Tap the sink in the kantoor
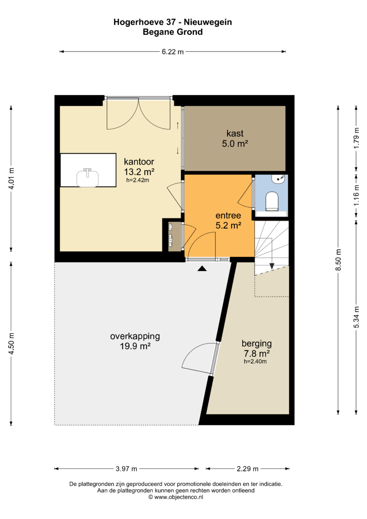pos(87,177)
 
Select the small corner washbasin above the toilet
pos(278,179)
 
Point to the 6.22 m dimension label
pos(173,52)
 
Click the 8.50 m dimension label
pos(338,260)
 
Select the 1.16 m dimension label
pos(356,195)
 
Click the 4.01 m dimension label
pos(11,179)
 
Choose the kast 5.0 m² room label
pos(235,139)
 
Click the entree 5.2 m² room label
pos(228,220)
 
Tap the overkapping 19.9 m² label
pos(135,341)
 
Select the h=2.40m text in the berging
pos(255,361)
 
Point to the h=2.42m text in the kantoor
pos(138,180)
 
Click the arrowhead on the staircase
pos(272,266)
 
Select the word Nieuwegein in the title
pos(208,22)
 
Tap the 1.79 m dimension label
pos(356,138)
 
